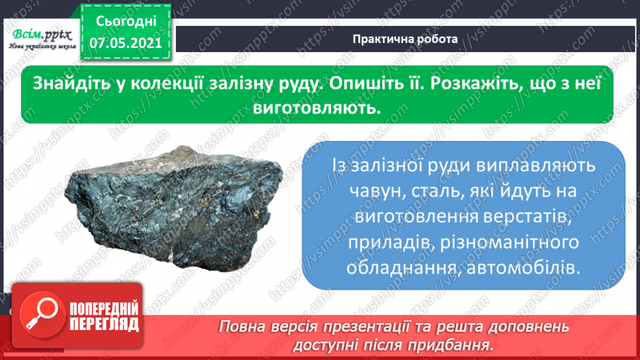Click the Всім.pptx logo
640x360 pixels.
[x=37, y=36]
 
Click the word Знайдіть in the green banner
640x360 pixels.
[x=69, y=82]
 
